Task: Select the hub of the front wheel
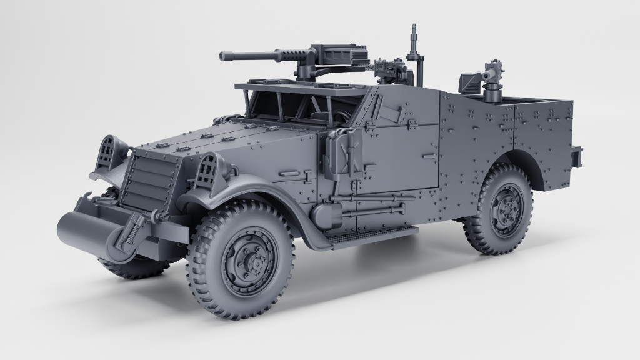[251, 261]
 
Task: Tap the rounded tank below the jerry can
[324, 216]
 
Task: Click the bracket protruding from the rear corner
[576, 156]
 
